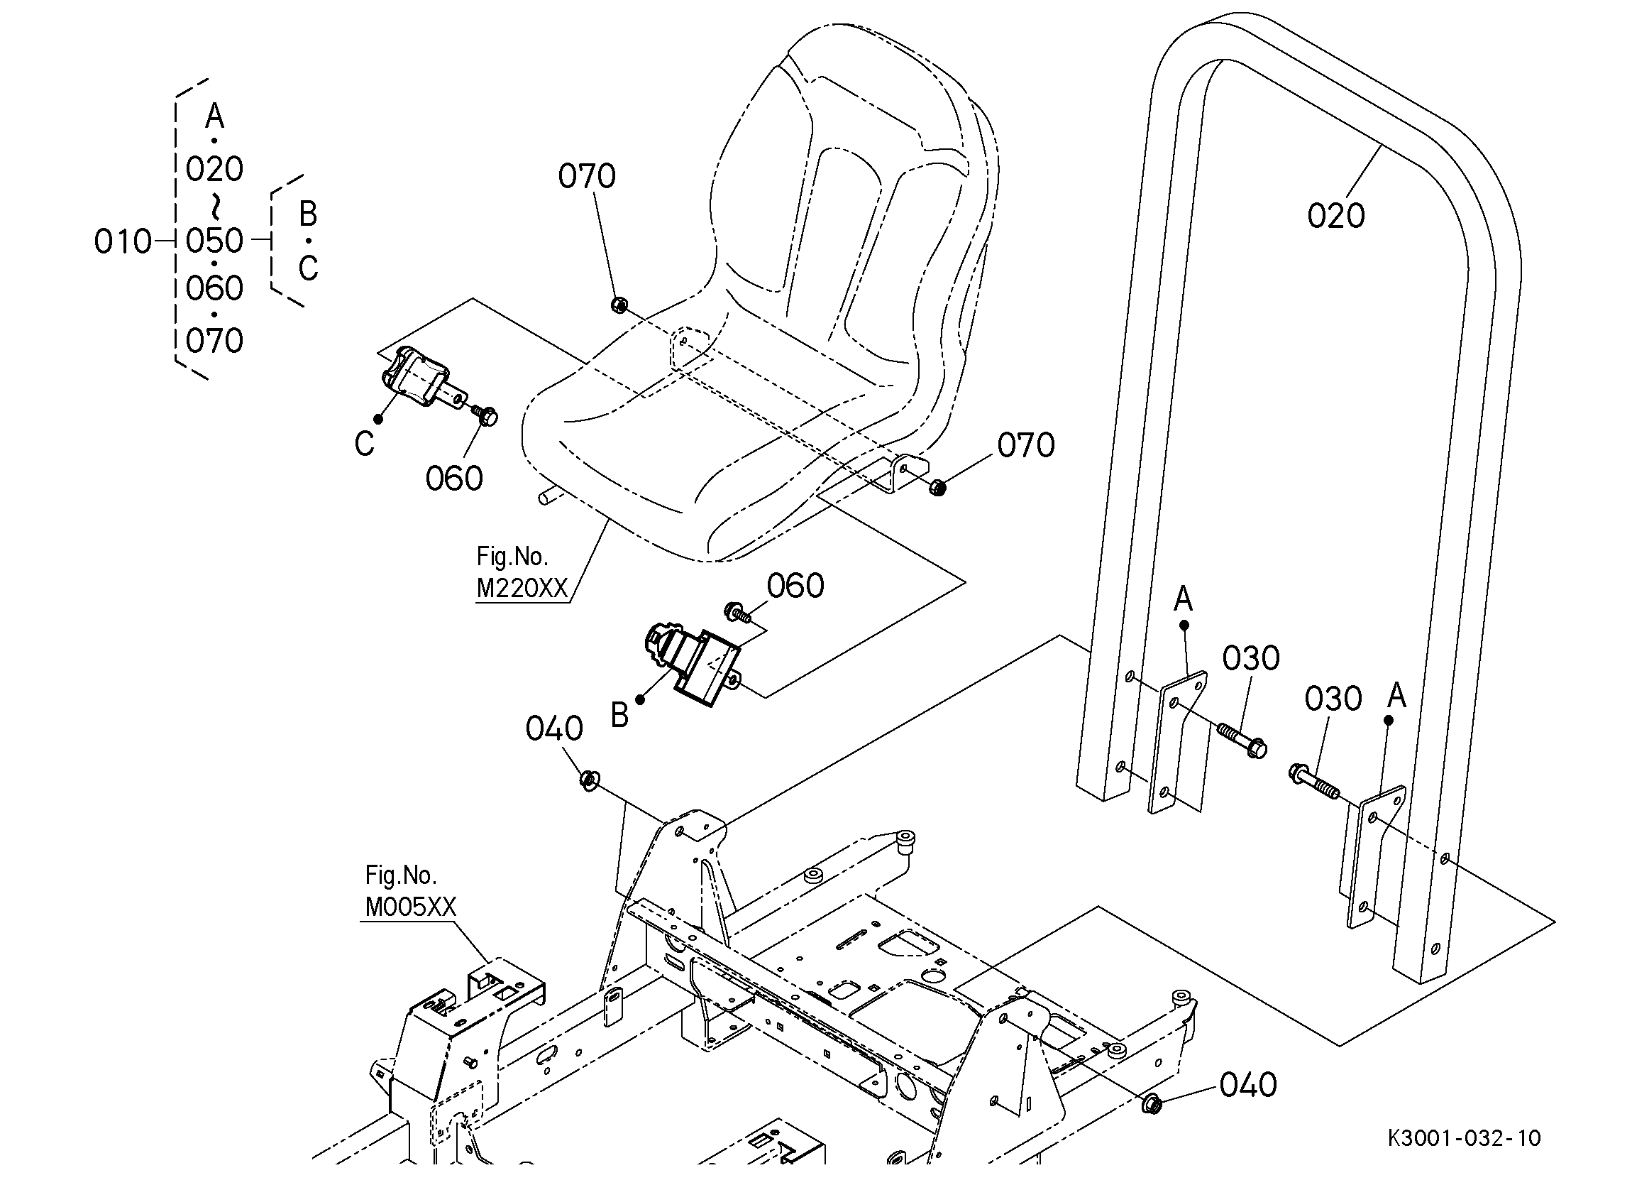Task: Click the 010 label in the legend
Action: [122, 242]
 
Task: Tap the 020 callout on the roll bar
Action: [1335, 215]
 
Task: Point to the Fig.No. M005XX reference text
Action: [410, 891]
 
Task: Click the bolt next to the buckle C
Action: [486, 415]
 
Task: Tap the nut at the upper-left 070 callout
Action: [618, 305]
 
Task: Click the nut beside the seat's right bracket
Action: [937, 487]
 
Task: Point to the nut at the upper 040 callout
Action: [590, 780]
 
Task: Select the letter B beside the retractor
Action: [619, 716]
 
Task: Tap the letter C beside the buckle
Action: [364, 444]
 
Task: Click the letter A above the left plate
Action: [1183, 599]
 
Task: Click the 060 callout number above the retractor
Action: [795, 586]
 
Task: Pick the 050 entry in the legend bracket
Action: [214, 241]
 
